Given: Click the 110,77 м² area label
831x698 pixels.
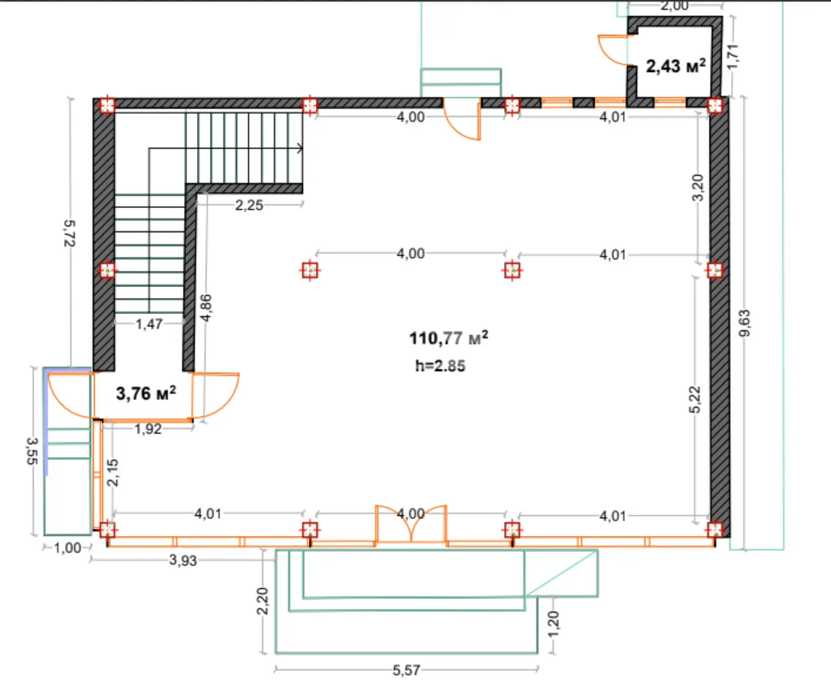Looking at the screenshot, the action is tap(448, 338).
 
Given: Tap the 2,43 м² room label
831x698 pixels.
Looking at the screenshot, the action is tap(676, 66).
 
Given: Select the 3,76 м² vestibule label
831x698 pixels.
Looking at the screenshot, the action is tap(146, 393).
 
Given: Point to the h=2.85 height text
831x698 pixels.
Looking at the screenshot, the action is tap(440, 365).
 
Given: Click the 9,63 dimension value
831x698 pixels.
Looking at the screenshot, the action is tap(744, 323).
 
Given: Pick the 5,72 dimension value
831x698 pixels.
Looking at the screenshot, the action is tap(69, 233).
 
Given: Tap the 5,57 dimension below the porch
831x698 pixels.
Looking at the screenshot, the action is tap(406, 670).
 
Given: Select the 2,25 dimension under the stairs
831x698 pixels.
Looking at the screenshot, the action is tap(249, 205).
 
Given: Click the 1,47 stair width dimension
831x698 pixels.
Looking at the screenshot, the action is tap(149, 324).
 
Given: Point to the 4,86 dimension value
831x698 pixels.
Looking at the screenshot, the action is tap(206, 308).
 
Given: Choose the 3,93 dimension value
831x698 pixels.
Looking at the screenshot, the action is tap(183, 560).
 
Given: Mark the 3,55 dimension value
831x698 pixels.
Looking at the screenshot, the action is tap(32, 451).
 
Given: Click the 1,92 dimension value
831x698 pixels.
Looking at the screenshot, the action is tap(148, 429).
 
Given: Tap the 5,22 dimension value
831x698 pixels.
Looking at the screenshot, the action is tap(695, 400).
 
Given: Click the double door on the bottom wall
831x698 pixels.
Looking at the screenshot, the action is tap(411, 523).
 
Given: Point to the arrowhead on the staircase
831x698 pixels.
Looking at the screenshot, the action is tap(300, 148).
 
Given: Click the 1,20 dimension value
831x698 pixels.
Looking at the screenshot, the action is tap(553, 624).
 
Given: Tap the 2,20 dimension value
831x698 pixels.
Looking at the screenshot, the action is tap(262, 601).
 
